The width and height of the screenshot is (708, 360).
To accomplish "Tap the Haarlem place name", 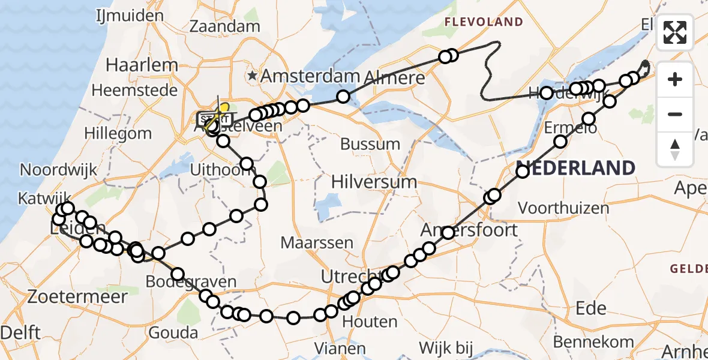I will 142,65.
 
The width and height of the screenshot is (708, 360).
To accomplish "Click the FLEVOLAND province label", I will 484,22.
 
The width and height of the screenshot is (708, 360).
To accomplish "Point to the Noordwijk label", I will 58,170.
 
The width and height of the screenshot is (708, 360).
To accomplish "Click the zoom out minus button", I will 675,114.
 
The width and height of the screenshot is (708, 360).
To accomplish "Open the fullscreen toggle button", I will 675,32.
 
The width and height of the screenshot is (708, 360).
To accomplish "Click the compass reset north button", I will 675,148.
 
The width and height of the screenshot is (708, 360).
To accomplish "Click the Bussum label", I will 370,144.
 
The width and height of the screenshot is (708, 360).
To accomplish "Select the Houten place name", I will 370,322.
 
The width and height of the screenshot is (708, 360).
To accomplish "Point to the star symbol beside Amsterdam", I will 252,76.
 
